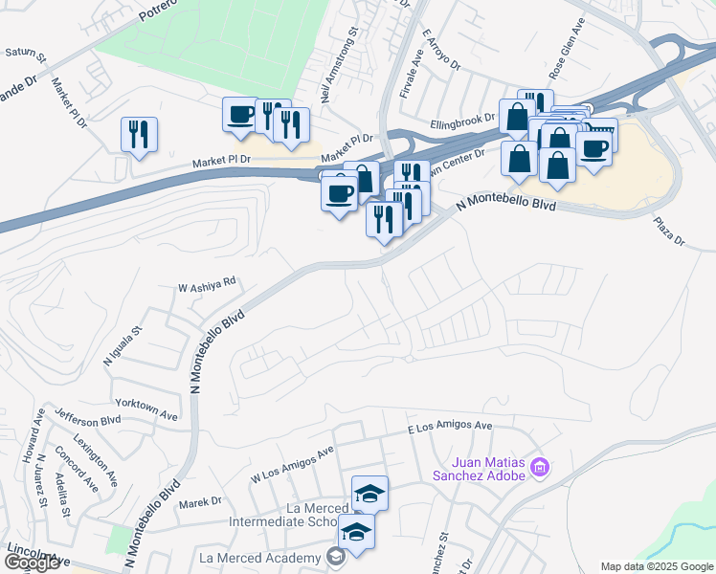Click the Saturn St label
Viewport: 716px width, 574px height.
tap(26, 53)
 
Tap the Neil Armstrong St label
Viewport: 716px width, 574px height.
tap(339, 64)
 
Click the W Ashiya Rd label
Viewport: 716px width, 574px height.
tap(207, 283)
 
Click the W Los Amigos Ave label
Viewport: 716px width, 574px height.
tap(292, 464)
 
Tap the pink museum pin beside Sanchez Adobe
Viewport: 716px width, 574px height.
tap(540, 468)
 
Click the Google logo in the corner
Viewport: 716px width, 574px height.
tap(32, 563)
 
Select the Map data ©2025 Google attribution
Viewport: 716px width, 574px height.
tap(656, 566)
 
